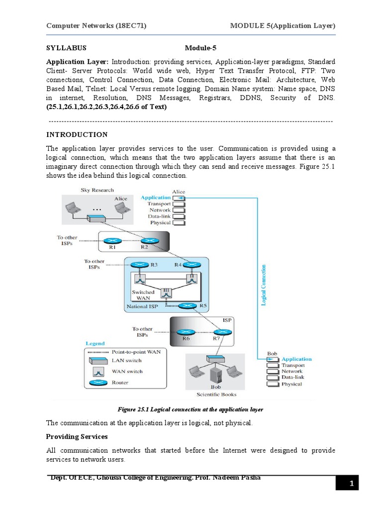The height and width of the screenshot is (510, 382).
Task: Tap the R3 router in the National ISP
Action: coord(141,265)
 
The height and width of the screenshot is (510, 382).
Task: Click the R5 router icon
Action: coord(188,306)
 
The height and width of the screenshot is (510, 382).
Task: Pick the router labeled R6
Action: coord(186,332)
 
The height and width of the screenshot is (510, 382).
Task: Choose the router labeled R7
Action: coord(220,332)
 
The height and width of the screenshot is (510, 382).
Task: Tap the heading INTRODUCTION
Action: coord(77,134)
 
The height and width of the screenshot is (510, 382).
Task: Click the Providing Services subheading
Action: coord(77,436)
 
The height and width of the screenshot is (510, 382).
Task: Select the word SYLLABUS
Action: coord(66,48)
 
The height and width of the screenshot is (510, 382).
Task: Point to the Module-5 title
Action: coord(201,48)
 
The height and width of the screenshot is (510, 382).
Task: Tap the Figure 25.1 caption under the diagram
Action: coord(190,409)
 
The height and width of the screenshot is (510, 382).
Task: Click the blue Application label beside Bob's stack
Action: coord(296,359)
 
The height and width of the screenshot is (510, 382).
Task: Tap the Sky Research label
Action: coord(97,190)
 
